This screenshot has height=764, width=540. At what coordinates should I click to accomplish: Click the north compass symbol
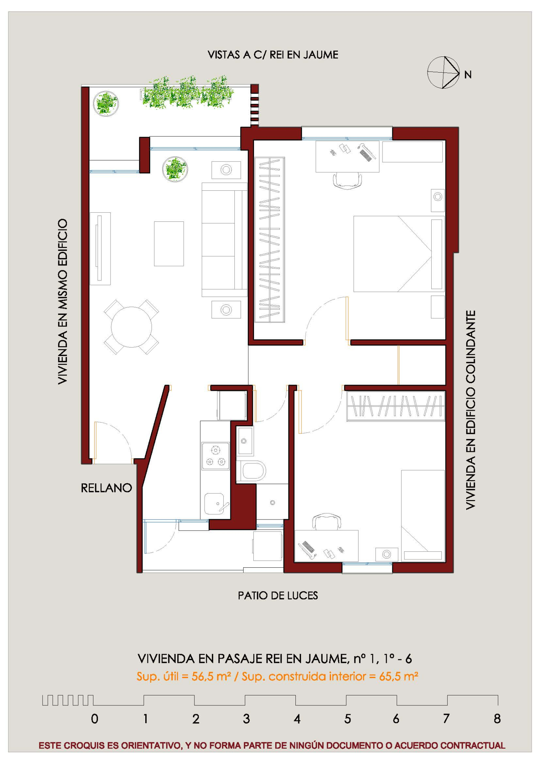pos(443,72)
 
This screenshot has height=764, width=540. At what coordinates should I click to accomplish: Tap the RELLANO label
pos(106,488)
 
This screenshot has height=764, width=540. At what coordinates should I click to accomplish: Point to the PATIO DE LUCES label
pos(278,595)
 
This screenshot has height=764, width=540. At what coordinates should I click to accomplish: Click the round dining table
pos(131,327)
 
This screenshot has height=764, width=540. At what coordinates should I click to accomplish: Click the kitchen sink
pos(214,504)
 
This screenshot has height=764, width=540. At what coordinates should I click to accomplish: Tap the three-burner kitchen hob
pos(216,456)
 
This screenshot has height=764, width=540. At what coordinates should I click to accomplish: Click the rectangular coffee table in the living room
pos(169,244)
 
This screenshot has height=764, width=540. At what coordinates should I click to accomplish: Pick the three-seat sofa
pos(224,240)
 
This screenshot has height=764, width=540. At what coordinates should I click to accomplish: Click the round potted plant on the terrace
pos(106,104)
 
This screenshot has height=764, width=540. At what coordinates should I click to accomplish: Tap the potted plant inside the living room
pos(175,169)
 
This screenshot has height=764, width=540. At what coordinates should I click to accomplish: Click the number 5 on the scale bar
pos(347,719)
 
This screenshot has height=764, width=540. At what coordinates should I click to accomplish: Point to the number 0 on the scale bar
pos(94,719)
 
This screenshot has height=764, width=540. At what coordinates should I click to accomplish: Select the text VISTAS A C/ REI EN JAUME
pos(273,55)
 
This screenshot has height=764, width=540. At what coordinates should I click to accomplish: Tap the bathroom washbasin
pos(245,441)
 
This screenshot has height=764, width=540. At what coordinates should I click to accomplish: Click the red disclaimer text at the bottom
pos(272,746)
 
